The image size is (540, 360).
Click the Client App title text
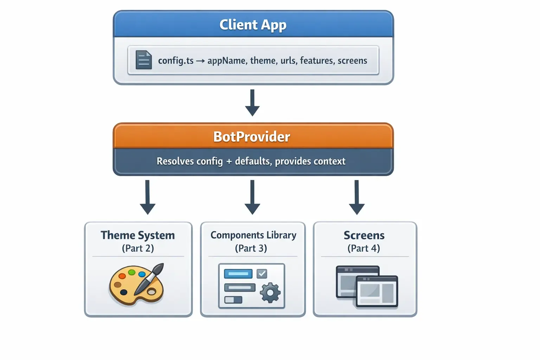click(253, 25)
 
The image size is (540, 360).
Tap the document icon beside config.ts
click(144, 60)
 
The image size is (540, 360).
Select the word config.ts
click(176, 61)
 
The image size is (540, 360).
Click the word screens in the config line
click(352, 61)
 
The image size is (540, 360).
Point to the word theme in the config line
click(263, 61)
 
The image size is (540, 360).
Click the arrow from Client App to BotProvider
click(252, 103)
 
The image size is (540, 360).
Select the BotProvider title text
click(252, 137)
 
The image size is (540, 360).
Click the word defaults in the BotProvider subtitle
click(253, 161)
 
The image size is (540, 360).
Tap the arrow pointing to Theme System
click(148, 197)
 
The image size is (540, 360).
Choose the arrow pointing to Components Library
click(252, 197)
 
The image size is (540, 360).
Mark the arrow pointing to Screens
click(357, 197)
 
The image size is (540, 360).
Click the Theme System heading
click(138, 235)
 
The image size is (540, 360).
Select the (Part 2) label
click(138, 248)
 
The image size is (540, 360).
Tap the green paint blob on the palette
click(132, 272)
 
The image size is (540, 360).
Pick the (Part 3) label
click(251, 248)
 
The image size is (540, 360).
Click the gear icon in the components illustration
click(270, 292)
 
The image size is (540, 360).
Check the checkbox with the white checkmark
click(262, 274)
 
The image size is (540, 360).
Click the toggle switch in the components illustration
click(233, 300)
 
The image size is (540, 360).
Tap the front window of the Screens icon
click(377, 291)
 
